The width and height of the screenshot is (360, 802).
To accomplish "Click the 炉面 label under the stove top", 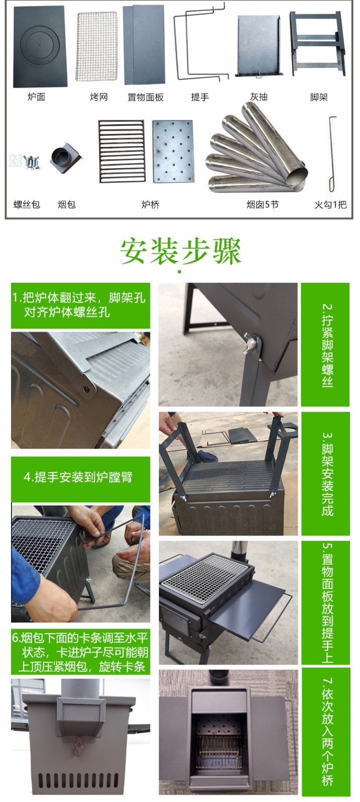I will pos(36,97).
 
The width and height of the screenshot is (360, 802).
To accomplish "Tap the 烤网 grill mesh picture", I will pos(97,46).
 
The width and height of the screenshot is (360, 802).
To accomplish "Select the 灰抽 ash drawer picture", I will pos(258,46).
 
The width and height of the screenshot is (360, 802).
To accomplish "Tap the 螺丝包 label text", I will pos(27,205).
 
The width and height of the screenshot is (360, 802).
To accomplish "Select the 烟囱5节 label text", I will pos(262,205).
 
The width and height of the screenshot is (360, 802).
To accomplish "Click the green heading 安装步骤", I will pos(181,251).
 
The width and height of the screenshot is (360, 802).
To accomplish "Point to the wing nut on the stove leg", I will pos(252,342).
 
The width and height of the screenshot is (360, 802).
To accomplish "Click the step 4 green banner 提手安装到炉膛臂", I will pos(80,478).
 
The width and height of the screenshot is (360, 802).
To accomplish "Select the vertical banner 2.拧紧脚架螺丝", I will pos(326,345).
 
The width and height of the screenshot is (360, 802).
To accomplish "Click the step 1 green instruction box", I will pos(80,305).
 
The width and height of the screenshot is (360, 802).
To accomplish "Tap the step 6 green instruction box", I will pos(80,652).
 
